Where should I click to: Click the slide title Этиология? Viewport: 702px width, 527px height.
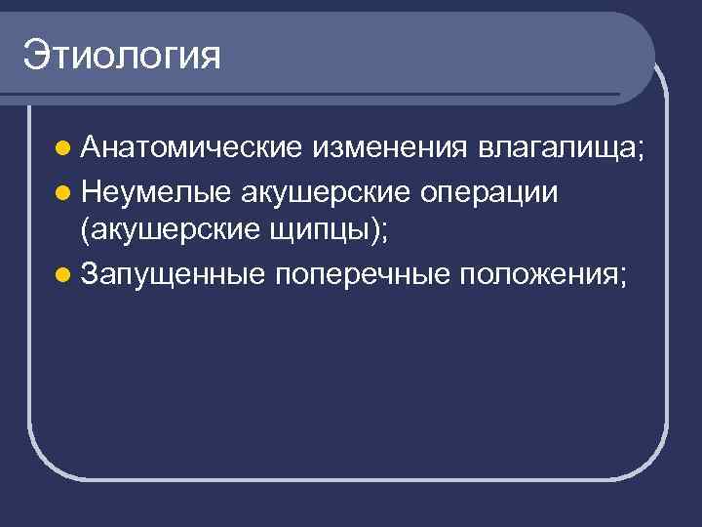click(x=123, y=55)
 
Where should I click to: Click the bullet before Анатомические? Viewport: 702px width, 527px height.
click(x=62, y=149)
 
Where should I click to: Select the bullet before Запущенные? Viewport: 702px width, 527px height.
click(x=62, y=275)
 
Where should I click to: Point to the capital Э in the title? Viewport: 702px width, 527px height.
click(x=35, y=55)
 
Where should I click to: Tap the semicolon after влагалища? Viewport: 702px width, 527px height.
click(x=642, y=152)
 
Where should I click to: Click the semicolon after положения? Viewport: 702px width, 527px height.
click(x=621, y=278)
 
